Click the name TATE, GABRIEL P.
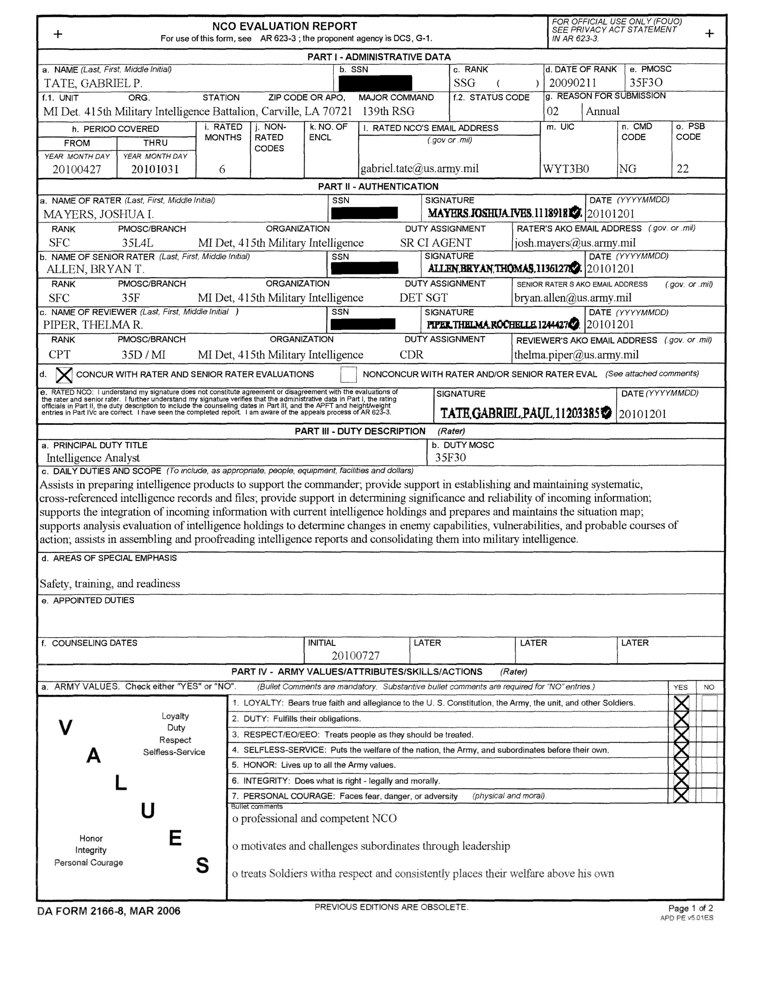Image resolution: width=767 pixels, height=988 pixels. pos(93,83)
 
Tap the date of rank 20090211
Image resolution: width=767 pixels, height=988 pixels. pos(573,83)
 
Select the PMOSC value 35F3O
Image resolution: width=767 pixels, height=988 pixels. pos(646,82)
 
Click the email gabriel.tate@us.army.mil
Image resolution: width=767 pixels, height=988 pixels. pos(419,169)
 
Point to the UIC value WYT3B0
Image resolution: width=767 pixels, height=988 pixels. pos(566,169)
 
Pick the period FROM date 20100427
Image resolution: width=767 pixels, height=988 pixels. pos(77,169)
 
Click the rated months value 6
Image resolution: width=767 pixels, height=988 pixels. pos(222,169)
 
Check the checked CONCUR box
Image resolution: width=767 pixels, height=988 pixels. pos(64,375)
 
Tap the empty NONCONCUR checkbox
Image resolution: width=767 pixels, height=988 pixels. pos(348,375)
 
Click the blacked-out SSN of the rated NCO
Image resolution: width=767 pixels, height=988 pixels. pos(375,83)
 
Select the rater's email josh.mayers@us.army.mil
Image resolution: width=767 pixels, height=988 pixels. pos(575,243)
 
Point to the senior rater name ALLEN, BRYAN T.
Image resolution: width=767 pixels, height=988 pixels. pos(96,269)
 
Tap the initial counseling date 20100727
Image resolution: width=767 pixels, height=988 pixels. pos(355,656)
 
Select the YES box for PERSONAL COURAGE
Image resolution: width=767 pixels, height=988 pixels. pos(681,796)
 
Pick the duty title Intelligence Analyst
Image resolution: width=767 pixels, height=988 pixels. pos(93,458)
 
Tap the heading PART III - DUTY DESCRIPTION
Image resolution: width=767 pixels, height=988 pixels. pos(360,431)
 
